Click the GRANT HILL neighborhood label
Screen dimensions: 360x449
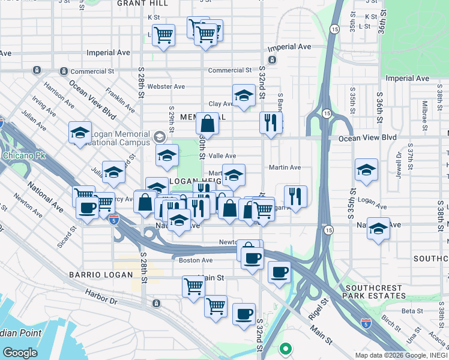pos(142,4)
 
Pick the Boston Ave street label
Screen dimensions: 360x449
pos(196,260)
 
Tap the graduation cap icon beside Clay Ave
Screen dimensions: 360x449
pos(243,96)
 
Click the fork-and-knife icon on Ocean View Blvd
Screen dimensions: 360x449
pos(271,123)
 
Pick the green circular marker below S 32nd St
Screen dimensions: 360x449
pos(286,348)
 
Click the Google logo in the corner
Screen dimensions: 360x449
pos(20,353)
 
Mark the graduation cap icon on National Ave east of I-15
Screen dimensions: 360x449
pos(378,229)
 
